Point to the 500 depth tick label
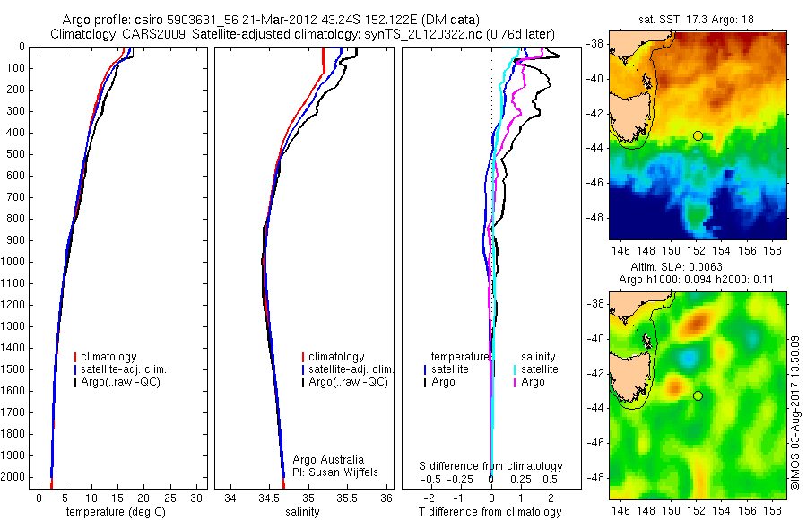pos(15,154)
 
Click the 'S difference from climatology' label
pos(491,466)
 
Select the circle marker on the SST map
pos(698,135)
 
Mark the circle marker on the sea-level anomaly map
pos(698,395)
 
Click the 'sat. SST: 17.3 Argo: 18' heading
pos(696,20)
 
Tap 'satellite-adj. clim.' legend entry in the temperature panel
pos(131,369)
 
